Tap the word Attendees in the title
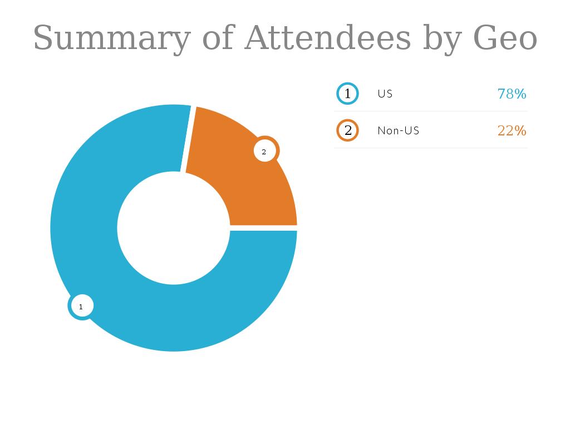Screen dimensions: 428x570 (x=327, y=38)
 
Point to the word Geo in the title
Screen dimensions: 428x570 (x=505, y=38)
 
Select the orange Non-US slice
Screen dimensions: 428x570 (x=234, y=178)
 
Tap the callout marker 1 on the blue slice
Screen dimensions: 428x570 (x=81, y=306)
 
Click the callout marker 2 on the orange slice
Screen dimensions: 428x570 (x=265, y=151)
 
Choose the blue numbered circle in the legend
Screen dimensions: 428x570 (x=348, y=94)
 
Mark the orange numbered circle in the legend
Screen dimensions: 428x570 (x=348, y=130)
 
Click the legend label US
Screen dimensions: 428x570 (x=385, y=94)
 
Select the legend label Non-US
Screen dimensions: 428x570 (x=398, y=130)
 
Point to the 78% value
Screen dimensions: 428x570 (x=512, y=94)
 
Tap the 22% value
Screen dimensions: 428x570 (x=512, y=130)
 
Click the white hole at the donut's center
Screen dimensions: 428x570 (x=174, y=228)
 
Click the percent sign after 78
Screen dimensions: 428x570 (x=520, y=94)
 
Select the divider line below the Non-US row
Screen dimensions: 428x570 (x=431, y=148)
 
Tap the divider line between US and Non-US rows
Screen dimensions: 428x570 (x=431, y=111)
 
